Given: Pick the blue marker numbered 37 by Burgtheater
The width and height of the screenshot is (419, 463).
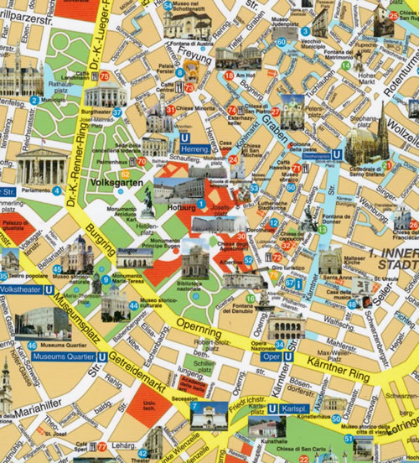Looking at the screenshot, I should point(118,111).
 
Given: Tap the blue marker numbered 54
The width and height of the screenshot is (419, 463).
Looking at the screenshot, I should point(168,6).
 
